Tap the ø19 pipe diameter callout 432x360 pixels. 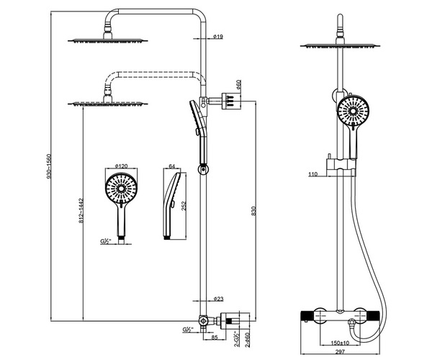(218, 36)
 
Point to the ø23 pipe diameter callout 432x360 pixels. (218, 299)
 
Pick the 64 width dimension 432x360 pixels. (173, 166)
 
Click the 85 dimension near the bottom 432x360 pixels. (214, 337)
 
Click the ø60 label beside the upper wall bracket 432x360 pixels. (238, 84)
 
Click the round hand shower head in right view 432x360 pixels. (354, 112)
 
